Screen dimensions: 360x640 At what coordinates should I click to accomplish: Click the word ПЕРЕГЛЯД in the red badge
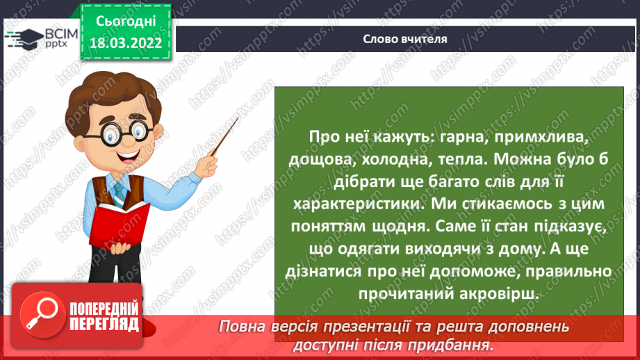[x=105, y=324]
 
